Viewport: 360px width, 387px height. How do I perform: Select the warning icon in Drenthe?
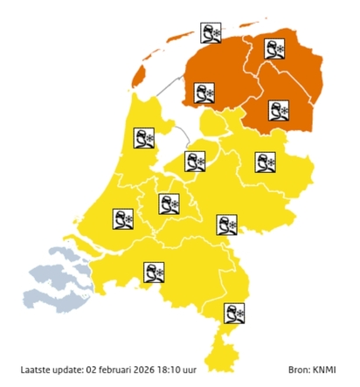coord(278,110)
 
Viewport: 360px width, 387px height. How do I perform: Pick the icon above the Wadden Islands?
coord(210,34)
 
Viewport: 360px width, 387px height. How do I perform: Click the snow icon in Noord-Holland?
coord(143,138)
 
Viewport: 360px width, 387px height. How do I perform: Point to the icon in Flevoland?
coord(194,161)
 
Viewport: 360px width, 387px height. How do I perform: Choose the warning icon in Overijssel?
coord(264,162)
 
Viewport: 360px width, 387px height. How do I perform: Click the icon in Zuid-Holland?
coord(122,218)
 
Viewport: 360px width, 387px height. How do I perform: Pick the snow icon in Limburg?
coord(234,312)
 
